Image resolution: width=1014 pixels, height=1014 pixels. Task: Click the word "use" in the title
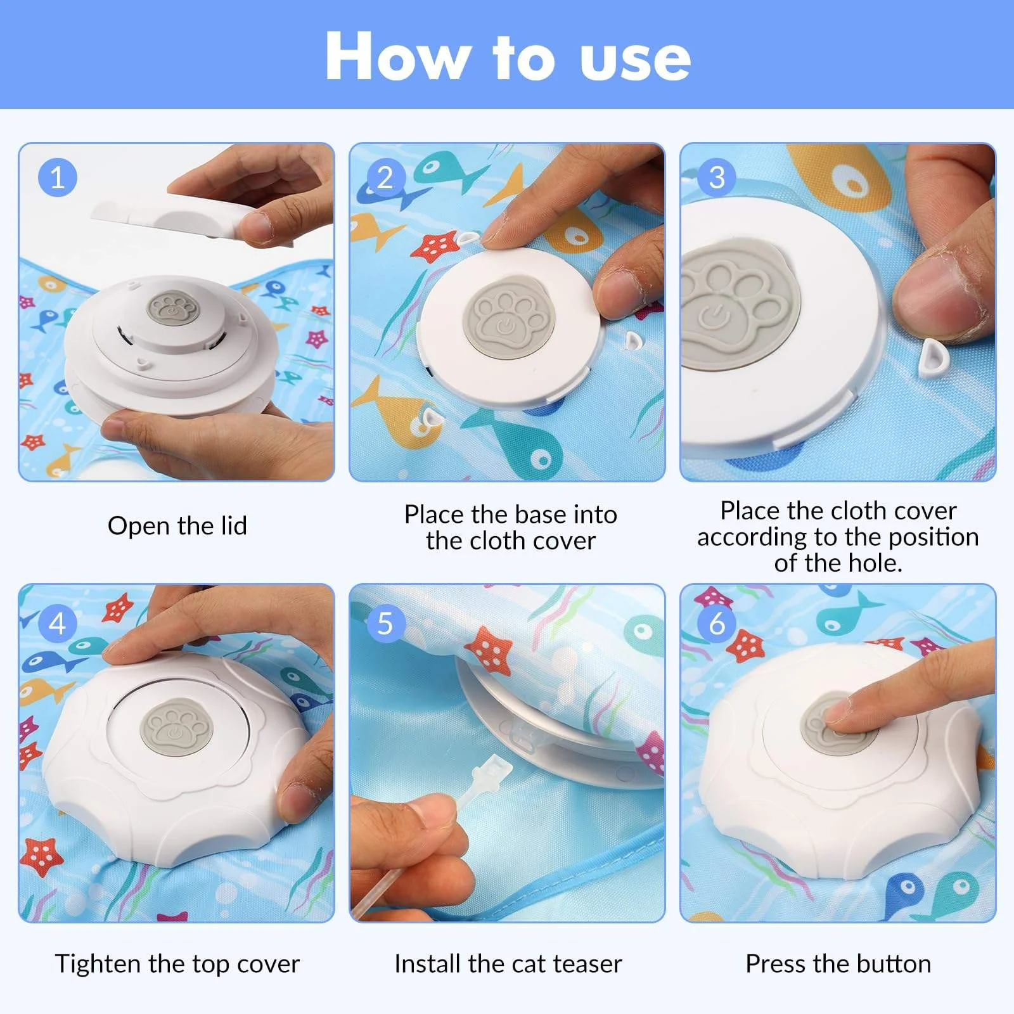pyautogui.click(x=635, y=58)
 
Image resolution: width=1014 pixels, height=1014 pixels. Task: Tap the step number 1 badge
pyautogui.click(x=58, y=177)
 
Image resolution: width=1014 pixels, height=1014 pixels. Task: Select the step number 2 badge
pyautogui.click(x=385, y=177)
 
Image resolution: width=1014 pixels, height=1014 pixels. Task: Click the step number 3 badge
pyautogui.click(x=717, y=177)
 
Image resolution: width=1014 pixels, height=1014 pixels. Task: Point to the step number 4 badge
pyautogui.click(x=58, y=624)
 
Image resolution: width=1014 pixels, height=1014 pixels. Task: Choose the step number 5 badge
pyautogui.click(x=385, y=624)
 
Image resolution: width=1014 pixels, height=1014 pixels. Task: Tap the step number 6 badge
pyautogui.click(x=717, y=624)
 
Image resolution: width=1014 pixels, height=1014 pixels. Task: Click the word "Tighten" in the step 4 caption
pyautogui.click(x=98, y=964)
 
